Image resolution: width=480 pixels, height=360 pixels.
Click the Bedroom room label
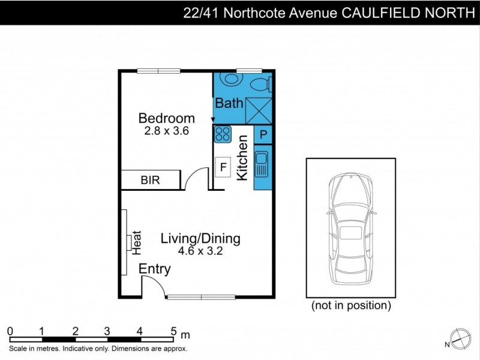(x=166, y=118)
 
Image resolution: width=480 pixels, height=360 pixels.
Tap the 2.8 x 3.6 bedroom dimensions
(x=166, y=131)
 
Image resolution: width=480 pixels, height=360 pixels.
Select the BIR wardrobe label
(x=150, y=180)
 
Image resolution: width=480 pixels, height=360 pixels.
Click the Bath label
(x=229, y=103)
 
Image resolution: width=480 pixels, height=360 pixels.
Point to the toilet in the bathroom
(x=260, y=82)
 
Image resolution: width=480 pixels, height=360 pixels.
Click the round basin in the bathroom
(x=229, y=79)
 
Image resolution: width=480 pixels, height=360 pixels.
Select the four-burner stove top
(x=223, y=134)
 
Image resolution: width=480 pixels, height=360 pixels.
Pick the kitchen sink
(x=262, y=165)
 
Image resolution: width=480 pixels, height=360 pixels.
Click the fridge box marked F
(x=223, y=167)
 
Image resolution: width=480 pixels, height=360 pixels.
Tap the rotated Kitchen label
(x=243, y=158)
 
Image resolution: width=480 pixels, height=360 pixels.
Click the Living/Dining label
(x=200, y=239)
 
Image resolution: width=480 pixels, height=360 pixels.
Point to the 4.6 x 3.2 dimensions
(x=200, y=251)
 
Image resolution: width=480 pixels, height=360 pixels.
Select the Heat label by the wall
(x=136, y=241)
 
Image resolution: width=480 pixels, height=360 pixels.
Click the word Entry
(x=155, y=269)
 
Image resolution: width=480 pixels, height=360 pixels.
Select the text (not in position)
(x=351, y=306)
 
